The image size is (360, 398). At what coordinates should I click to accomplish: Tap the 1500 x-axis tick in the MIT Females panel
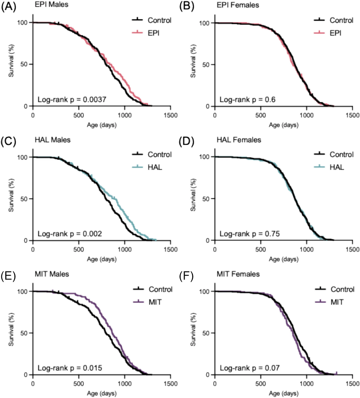(x=352, y=384)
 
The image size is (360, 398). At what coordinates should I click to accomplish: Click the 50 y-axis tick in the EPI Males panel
(x=25, y=64)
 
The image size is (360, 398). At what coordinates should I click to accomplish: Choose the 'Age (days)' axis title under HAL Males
(x=101, y=259)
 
